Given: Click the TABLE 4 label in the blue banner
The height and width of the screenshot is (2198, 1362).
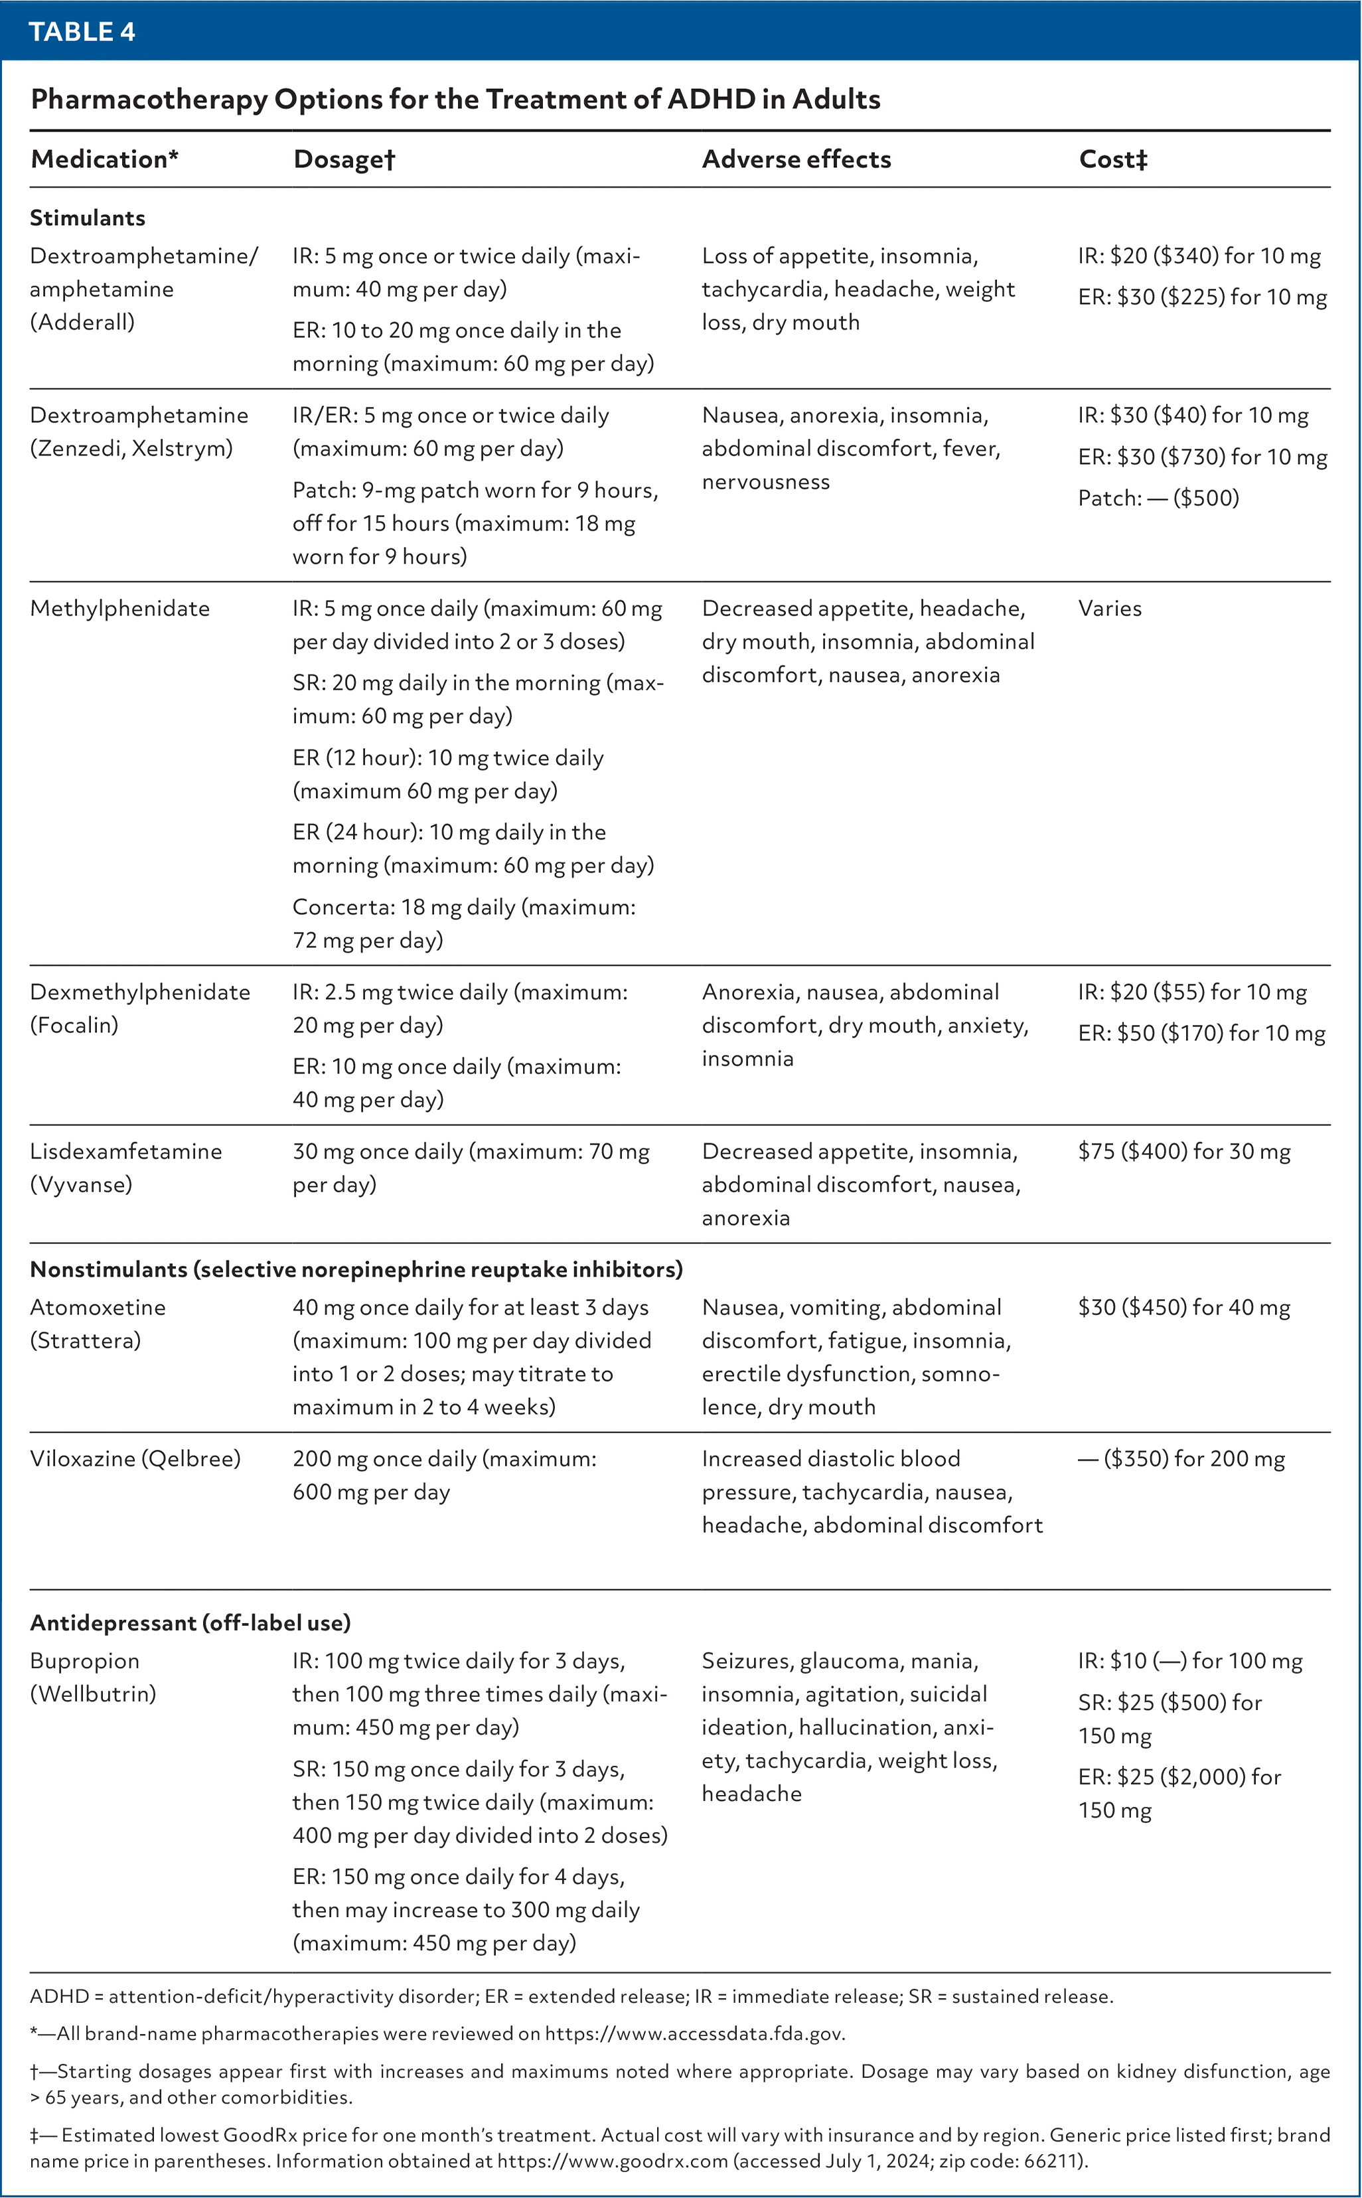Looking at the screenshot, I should point(82,31).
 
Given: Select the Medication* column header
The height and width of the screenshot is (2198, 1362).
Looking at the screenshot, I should point(104,159).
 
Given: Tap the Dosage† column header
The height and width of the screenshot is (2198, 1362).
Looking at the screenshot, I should point(344,159).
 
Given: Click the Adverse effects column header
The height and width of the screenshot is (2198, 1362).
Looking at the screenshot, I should point(796,159).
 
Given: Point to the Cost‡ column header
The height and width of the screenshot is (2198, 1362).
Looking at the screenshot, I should point(1113,159).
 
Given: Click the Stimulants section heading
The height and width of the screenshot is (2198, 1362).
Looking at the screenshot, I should point(88,218).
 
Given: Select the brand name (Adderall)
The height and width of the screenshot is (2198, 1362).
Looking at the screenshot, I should point(82,323).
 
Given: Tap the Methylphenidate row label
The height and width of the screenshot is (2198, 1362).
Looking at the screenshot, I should point(119,609).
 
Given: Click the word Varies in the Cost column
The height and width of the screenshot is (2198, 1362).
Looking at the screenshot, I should point(1110,609).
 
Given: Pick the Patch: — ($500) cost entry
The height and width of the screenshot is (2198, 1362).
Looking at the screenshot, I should point(1158,498).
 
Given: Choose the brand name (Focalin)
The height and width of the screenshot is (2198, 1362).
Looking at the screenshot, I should point(74,1025).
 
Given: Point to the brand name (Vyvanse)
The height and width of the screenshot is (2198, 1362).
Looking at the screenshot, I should point(81,1184).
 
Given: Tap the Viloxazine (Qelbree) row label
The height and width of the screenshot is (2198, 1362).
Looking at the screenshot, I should point(135,1458).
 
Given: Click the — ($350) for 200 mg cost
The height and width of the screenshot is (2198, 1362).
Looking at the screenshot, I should point(1181,1458).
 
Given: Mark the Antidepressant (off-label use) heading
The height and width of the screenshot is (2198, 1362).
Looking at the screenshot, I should point(190,1622).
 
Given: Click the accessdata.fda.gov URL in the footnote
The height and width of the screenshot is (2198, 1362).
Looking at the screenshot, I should point(694,2033).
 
